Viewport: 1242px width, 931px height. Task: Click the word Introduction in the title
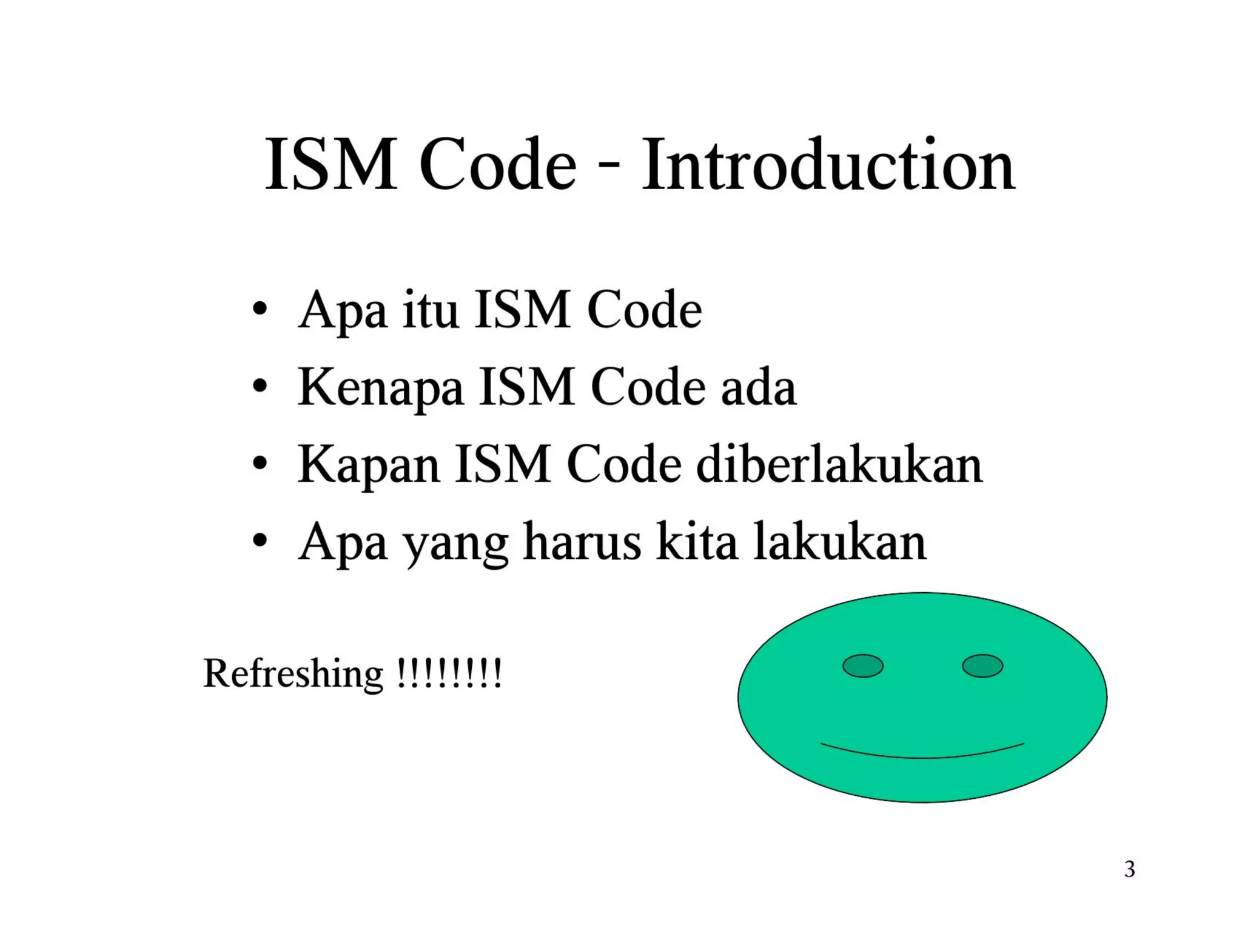(828, 165)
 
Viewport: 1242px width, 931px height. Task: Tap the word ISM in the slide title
(331, 165)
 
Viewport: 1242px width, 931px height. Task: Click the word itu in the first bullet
(430, 310)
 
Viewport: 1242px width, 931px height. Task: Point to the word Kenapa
(381, 388)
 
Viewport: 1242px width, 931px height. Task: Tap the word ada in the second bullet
(758, 388)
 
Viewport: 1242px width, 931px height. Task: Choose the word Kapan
(368, 465)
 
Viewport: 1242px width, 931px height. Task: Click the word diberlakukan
(839, 465)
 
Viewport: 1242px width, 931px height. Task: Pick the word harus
(582, 542)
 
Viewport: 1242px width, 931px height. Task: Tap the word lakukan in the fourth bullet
(840, 542)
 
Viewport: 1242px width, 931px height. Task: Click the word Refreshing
(294, 674)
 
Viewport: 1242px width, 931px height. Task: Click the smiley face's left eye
(862, 666)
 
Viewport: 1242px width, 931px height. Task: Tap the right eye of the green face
(982, 666)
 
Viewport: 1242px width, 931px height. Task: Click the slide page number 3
(1129, 869)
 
